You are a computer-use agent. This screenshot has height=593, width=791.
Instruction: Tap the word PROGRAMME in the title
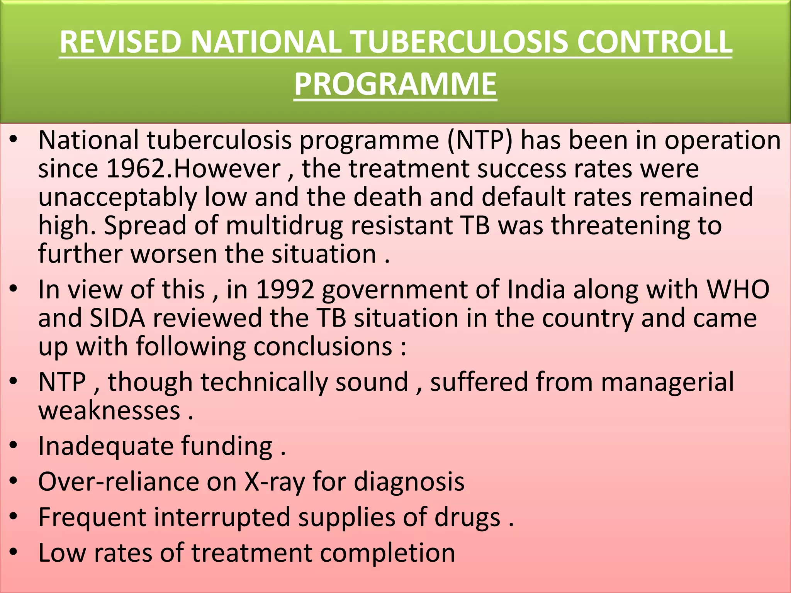click(395, 84)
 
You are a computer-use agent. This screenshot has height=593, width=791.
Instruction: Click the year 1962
click(136, 169)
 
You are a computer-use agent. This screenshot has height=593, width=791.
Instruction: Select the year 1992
click(285, 290)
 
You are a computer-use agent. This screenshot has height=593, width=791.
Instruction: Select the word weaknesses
click(109, 410)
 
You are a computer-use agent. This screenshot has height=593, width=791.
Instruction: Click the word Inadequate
click(106, 446)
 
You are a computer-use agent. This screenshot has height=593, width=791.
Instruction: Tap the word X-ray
click(274, 482)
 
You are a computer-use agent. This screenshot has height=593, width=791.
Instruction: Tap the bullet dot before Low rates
click(14, 552)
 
